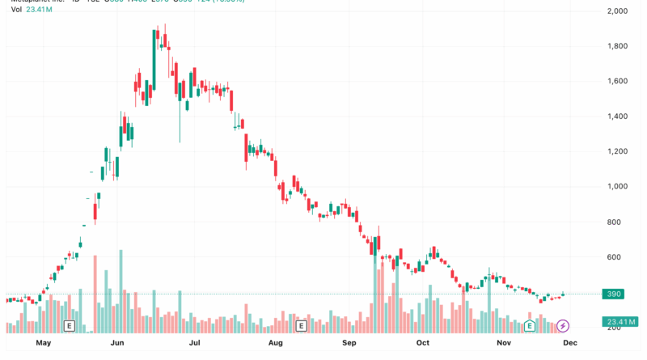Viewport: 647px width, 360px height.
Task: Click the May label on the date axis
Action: click(44, 343)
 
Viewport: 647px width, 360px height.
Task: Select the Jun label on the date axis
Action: click(118, 343)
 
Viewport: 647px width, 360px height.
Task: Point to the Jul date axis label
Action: click(195, 343)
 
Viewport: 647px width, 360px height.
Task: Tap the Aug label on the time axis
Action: click(275, 343)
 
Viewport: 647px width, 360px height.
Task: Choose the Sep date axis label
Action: click(349, 343)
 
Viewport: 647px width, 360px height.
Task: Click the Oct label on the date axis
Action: click(422, 343)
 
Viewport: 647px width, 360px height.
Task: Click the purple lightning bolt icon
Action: click(563, 326)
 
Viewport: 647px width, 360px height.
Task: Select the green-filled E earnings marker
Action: click(531, 326)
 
